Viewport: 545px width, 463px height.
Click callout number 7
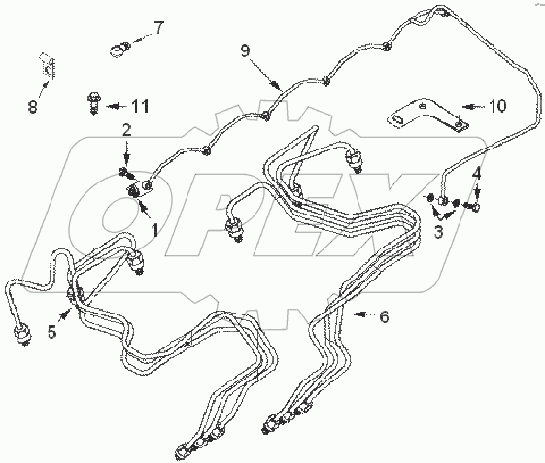click(158, 28)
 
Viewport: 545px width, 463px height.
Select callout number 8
click(33, 106)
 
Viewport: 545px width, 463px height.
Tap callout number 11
click(140, 106)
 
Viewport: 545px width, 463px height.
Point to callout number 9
click(245, 51)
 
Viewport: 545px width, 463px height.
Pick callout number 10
click(497, 105)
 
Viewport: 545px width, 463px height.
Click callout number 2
click(127, 130)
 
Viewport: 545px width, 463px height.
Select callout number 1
click(154, 230)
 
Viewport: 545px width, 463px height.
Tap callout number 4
click(476, 174)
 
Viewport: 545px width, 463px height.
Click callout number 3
click(439, 232)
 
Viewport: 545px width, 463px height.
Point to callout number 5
click(51, 332)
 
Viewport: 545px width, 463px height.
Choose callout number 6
click(384, 316)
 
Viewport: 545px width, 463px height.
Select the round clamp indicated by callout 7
click(119, 49)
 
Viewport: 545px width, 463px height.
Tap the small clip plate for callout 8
click(48, 66)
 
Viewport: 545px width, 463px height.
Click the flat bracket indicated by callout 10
click(428, 115)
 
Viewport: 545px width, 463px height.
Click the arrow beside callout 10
click(474, 106)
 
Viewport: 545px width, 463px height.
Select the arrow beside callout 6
click(363, 314)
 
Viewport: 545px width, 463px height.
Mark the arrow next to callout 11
click(118, 106)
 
